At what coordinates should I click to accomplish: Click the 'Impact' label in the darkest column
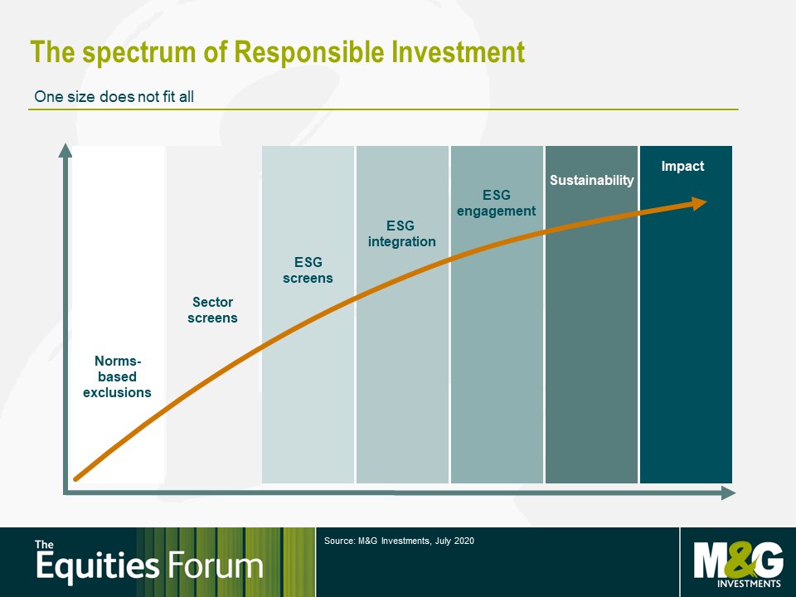tap(682, 167)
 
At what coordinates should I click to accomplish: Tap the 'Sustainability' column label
tap(591, 180)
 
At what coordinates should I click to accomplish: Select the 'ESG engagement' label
tap(496, 203)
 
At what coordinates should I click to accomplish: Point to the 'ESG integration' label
tap(401, 234)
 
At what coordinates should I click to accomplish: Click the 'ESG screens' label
tap(308, 270)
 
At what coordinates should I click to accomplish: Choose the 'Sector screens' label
tap(212, 309)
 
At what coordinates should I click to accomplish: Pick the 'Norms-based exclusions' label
tap(117, 376)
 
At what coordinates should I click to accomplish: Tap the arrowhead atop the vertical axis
tap(66, 150)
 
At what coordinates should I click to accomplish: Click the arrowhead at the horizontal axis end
tap(729, 493)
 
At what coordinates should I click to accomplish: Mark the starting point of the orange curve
tap(76, 478)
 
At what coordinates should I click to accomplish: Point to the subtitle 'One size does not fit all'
tap(114, 96)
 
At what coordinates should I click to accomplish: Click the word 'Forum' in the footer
tap(216, 565)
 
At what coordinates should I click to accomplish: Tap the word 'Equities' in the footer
tap(98, 567)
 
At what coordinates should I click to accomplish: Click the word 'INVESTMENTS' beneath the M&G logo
tap(749, 584)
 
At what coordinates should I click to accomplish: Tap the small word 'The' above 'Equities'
tap(44, 545)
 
